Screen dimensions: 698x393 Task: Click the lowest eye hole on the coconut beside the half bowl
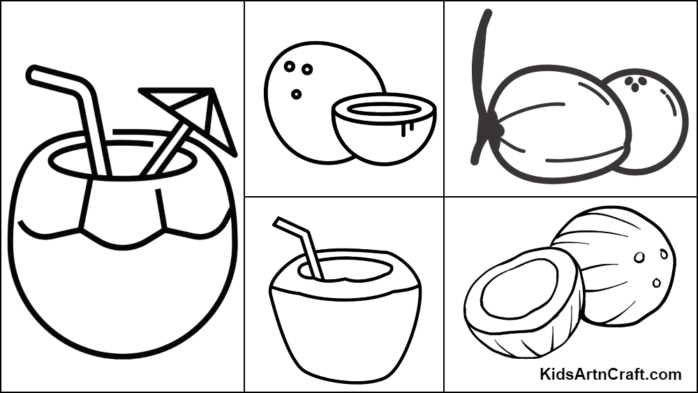[297, 94]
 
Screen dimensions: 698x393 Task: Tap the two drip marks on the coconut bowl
[408, 128]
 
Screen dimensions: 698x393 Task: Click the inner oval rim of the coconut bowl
[384, 109]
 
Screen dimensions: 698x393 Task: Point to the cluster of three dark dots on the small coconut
[635, 83]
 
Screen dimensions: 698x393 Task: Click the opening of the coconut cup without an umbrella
[346, 269]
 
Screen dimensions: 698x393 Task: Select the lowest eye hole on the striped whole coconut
[657, 283]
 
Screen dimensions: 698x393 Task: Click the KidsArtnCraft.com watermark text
[610, 374]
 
